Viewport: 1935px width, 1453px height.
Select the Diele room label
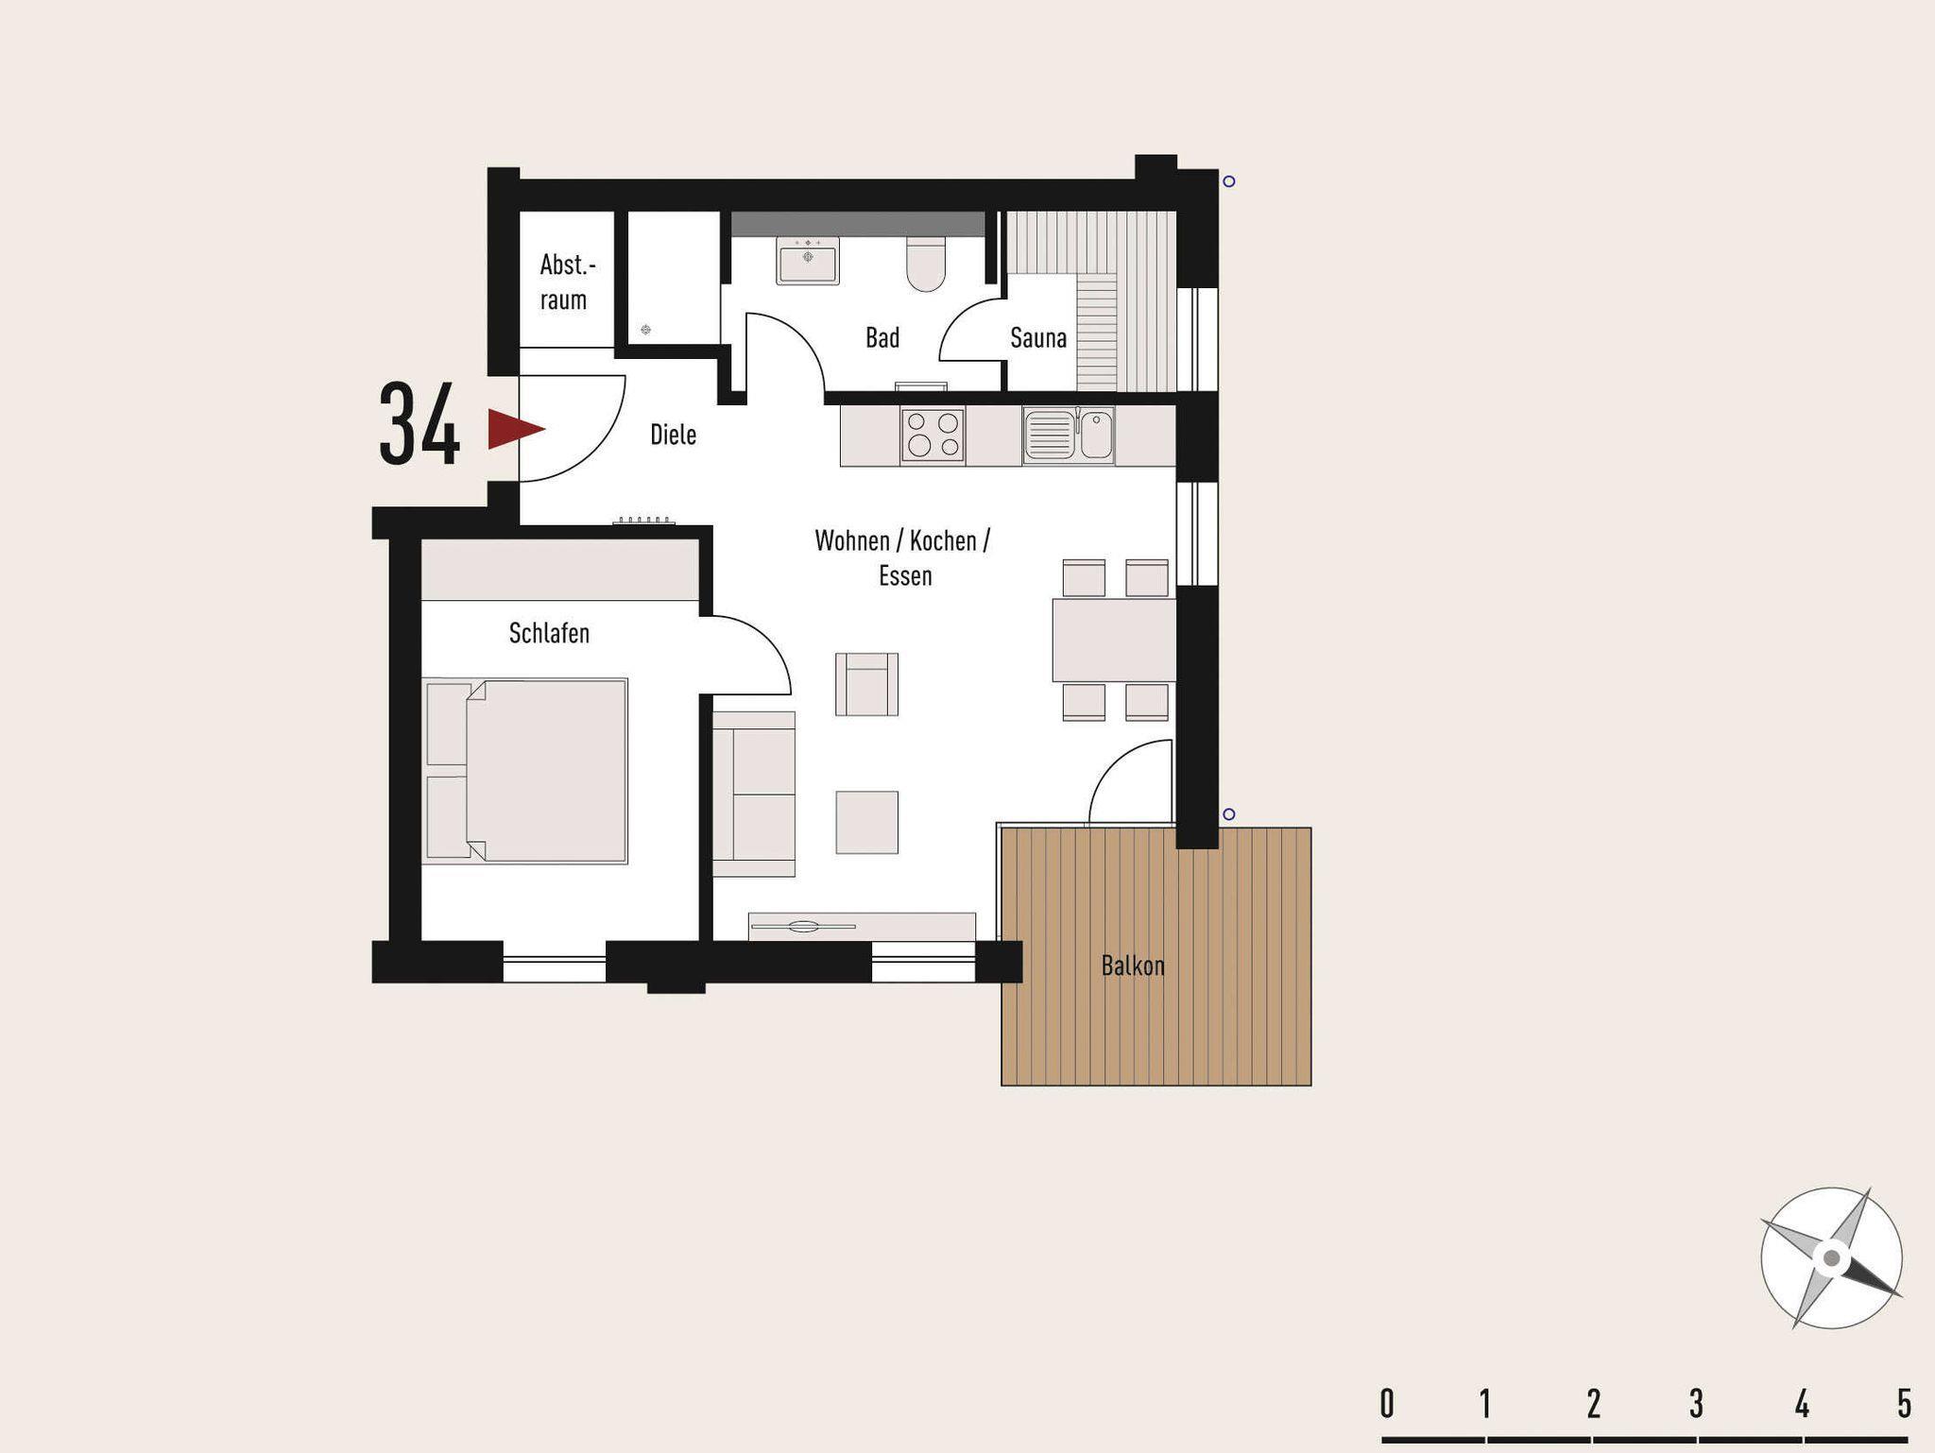[674, 435]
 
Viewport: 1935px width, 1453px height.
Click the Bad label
[882, 337]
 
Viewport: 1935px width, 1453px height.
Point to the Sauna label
[1038, 337]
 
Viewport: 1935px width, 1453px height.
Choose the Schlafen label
[549, 633]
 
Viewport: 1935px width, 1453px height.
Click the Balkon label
[1133, 966]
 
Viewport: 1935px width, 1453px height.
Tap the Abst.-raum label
[567, 282]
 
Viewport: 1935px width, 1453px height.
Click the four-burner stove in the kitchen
[933, 435]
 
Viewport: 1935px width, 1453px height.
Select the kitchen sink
[1068, 435]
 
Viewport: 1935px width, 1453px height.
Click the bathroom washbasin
[807, 260]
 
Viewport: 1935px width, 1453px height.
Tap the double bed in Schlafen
[524, 770]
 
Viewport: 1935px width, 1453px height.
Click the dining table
[1114, 640]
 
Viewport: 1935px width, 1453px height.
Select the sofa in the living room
[753, 794]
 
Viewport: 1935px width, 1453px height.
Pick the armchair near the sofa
[866, 684]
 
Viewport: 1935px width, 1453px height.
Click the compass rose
[1831, 1258]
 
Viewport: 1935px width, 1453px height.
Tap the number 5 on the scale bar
[1904, 1404]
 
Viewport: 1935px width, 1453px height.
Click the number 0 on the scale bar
[1387, 1404]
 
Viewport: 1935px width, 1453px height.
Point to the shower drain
[645, 330]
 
